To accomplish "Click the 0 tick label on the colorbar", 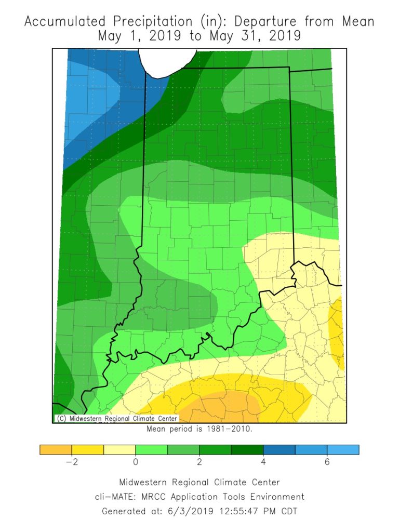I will (x=136, y=463).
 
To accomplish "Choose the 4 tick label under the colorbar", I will (x=263, y=463).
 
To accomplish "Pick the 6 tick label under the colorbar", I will (x=327, y=463).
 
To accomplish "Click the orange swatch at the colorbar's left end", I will (x=56, y=449).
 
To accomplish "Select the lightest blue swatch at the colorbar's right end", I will (x=343, y=449).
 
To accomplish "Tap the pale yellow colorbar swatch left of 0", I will (x=119, y=449).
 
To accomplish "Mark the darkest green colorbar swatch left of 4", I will (x=247, y=449).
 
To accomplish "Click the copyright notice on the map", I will (x=116, y=418).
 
